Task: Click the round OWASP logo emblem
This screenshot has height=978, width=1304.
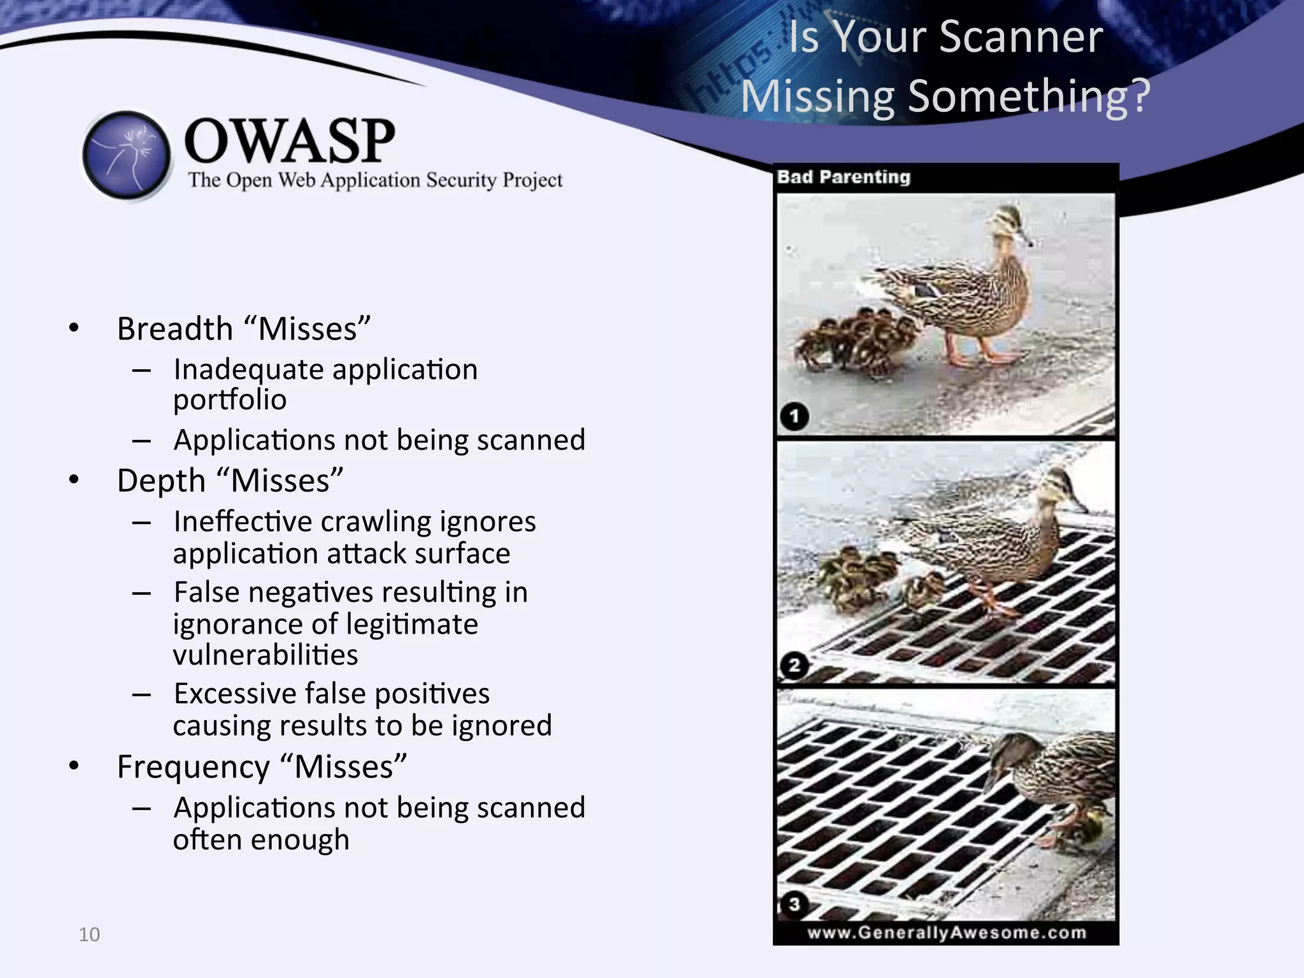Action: click(127, 155)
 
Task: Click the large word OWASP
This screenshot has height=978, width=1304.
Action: click(290, 141)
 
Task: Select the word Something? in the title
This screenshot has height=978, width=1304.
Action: click(1029, 97)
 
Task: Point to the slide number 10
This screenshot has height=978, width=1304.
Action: click(89, 935)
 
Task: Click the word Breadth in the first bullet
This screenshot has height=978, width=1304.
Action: click(175, 329)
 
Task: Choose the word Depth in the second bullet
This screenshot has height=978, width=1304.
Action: click(161, 481)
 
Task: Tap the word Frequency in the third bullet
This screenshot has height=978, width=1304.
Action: click(194, 767)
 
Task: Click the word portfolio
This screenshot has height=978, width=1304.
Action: click(230, 400)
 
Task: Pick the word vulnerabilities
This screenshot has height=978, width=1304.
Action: click(266, 655)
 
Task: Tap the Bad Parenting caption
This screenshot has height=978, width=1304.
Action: click(844, 177)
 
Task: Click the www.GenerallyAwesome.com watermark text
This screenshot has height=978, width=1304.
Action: click(947, 933)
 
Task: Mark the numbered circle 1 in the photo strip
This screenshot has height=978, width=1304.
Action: click(794, 416)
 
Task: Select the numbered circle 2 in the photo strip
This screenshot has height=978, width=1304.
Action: click(794, 666)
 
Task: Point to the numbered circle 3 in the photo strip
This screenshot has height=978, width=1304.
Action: click(794, 904)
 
